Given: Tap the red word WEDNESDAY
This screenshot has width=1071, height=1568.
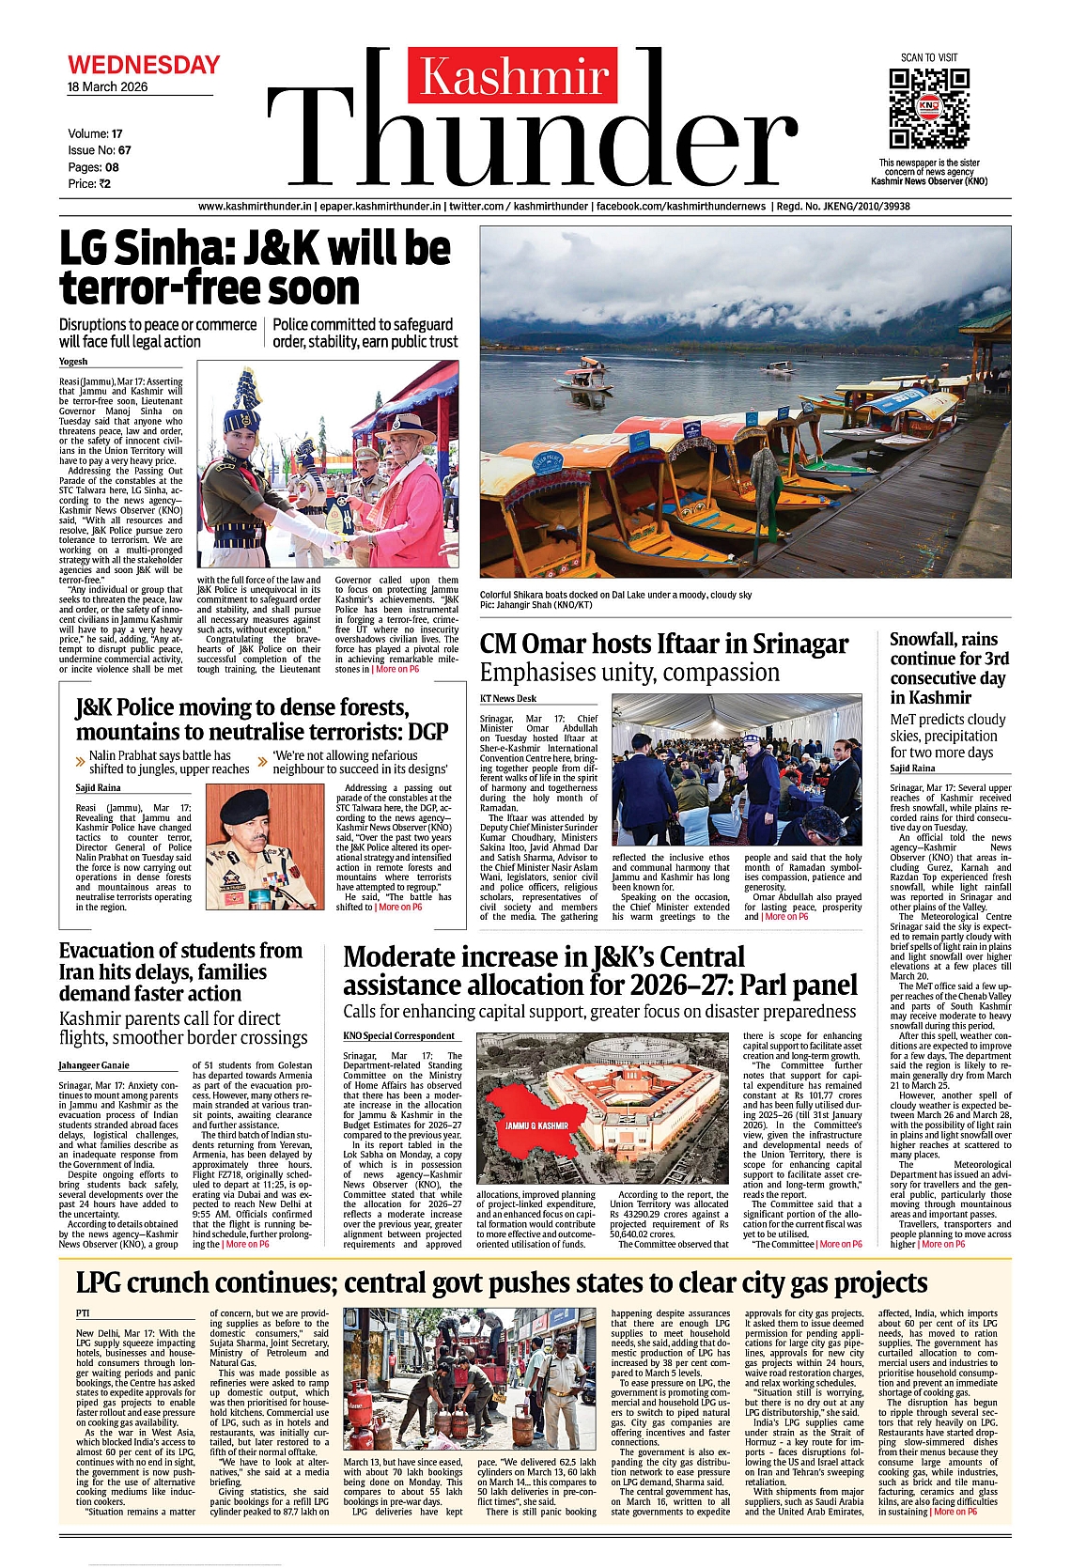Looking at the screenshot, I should [x=144, y=66].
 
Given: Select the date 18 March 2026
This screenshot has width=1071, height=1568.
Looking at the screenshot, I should [x=107, y=87].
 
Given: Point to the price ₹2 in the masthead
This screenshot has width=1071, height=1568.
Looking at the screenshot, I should [x=103, y=184].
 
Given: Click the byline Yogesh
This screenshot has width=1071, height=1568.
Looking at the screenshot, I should [x=73, y=362].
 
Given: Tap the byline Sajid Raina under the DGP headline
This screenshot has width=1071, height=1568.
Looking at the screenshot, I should [x=98, y=788].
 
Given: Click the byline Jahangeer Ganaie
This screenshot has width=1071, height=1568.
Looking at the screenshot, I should [x=94, y=1065].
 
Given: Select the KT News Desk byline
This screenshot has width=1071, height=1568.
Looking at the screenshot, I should [x=508, y=698].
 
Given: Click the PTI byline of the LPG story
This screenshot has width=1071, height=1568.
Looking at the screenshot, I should [x=83, y=1313].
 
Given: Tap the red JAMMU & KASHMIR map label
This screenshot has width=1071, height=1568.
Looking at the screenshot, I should [x=536, y=1126].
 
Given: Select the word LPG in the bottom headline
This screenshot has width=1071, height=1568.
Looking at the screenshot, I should [x=105, y=1283].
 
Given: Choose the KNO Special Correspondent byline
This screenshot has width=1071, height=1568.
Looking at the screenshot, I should [x=398, y=1036].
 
